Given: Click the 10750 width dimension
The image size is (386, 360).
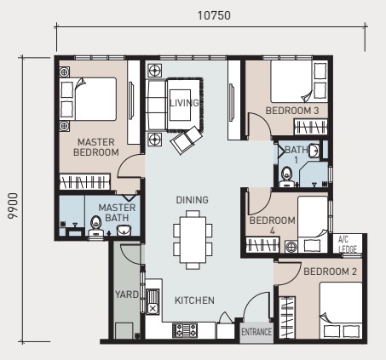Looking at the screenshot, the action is tap(214, 15).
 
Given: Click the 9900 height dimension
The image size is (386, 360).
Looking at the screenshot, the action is tap(13, 206).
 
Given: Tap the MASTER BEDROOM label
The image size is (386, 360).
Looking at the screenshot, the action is tap(96, 147).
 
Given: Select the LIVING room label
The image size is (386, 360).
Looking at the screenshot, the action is tap(184, 102).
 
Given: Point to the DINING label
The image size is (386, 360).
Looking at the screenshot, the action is tap(192, 200).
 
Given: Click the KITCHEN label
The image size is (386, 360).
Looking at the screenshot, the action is tap(194, 300).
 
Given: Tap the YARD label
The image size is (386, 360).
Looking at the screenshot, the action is tap(127, 294).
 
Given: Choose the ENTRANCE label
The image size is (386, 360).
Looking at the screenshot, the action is tap(256, 332).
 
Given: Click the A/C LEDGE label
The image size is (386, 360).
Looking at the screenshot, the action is tap(348, 244).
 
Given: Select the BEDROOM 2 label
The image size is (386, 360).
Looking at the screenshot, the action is tap(330, 271).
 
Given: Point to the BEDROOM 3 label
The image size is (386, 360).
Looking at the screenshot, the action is tap(292, 111).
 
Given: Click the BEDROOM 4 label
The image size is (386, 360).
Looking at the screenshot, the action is tap(272, 226).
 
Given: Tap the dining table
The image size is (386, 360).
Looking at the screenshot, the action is tap(193, 240).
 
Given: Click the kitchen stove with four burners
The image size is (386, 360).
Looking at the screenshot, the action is tap(185, 330).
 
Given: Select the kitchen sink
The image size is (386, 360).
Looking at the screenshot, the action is tap(153, 301).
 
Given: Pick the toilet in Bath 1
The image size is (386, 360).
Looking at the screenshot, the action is tap(286, 176).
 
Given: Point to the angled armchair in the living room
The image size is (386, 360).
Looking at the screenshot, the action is tap(187, 140).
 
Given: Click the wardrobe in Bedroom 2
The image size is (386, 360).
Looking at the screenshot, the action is tap(287, 317).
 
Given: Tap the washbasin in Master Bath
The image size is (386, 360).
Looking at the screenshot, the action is tap(124, 230).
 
